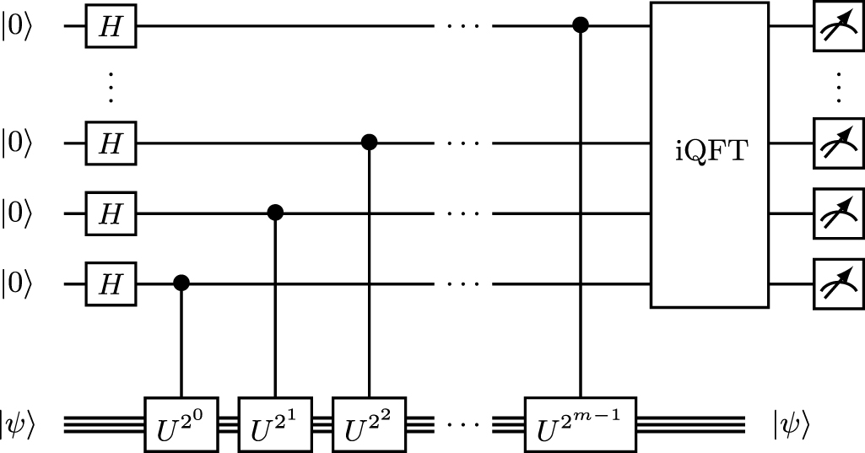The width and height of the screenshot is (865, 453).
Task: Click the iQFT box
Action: coord(709,155)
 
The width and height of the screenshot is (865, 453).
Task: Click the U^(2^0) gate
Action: coord(181,419)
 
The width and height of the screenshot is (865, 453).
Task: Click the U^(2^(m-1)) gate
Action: coord(581,419)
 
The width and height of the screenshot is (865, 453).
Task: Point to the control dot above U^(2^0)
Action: coord(181,281)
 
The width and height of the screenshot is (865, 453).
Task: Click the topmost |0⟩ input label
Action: coord(19,27)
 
